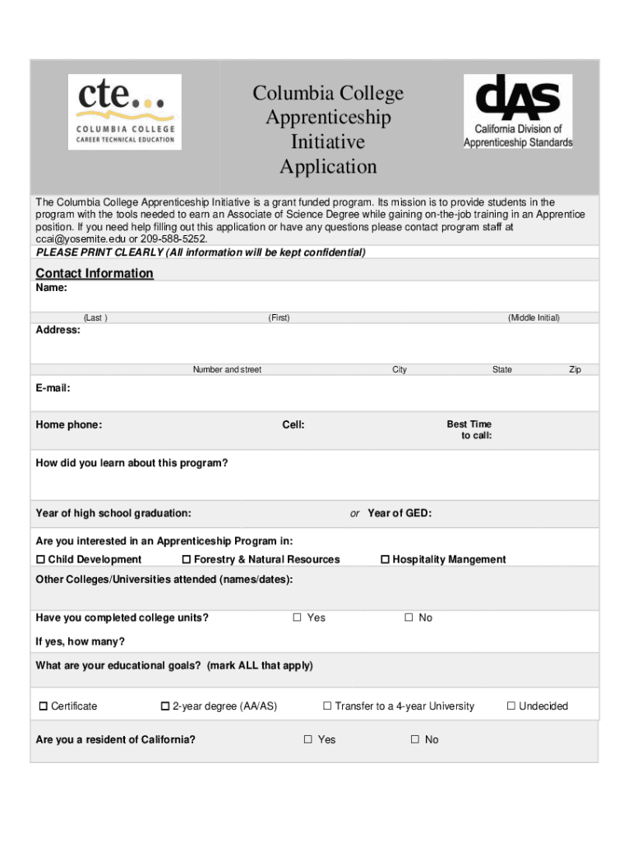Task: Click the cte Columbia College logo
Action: pyautogui.click(x=123, y=112)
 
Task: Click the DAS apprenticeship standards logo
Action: pyautogui.click(x=518, y=112)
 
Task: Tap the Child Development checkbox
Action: pyautogui.click(x=41, y=560)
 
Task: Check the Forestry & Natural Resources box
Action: pyautogui.click(x=187, y=560)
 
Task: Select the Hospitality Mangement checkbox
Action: pyautogui.click(x=385, y=560)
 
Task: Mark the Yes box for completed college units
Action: pyautogui.click(x=298, y=618)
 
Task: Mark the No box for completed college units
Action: pyautogui.click(x=409, y=618)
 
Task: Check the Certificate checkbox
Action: pyautogui.click(x=44, y=706)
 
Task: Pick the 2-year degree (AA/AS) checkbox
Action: pyautogui.click(x=165, y=706)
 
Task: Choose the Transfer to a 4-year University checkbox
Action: pyautogui.click(x=327, y=706)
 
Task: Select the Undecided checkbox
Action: pyautogui.click(x=511, y=706)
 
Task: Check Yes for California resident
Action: pyautogui.click(x=308, y=740)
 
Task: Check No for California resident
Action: pyautogui.click(x=415, y=740)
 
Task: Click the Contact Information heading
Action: pyautogui.click(x=95, y=273)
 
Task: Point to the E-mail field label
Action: pyautogui.click(x=53, y=387)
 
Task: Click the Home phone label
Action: pyautogui.click(x=69, y=425)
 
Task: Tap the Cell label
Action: pyautogui.click(x=293, y=425)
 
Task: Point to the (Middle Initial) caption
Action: pyautogui.click(x=534, y=318)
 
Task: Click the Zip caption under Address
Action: pyautogui.click(x=575, y=370)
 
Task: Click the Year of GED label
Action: pyautogui.click(x=400, y=514)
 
